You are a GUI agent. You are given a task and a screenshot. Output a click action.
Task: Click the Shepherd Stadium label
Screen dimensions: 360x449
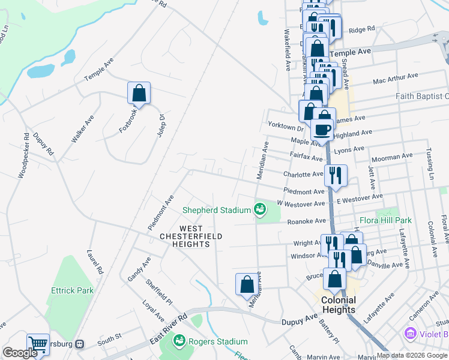pyautogui.click(x=216, y=210)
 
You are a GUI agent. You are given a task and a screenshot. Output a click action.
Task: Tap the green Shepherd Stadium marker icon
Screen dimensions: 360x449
pyautogui.click(x=260, y=209)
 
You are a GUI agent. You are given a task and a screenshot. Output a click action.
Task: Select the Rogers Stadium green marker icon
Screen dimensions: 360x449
pyautogui.click(x=179, y=341)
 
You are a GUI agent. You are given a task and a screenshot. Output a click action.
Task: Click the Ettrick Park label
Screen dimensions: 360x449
pyautogui.click(x=73, y=290)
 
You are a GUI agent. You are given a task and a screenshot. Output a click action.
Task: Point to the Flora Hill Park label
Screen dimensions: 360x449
pyautogui.click(x=385, y=221)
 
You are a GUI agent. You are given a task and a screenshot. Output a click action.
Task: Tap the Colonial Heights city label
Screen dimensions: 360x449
pyautogui.click(x=338, y=305)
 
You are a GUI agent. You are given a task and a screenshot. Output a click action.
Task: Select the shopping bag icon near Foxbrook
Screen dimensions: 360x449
pyautogui.click(x=139, y=93)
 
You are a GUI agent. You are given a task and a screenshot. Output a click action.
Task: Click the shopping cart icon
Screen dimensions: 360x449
pyautogui.click(x=38, y=344)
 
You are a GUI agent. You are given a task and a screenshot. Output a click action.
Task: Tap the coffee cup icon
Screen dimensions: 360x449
pyautogui.click(x=322, y=129)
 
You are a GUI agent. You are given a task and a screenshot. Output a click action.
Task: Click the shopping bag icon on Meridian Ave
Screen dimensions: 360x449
pyautogui.click(x=247, y=284)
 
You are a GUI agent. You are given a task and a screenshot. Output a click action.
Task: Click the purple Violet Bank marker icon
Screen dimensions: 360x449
pyautogui.click(x=411, y=332)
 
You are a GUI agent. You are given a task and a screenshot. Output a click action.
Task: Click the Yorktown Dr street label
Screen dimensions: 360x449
pyautogui.click(x=286, y=128)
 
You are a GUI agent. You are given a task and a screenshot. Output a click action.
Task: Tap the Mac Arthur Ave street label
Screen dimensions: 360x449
pyautogui.click(x=395, y=77)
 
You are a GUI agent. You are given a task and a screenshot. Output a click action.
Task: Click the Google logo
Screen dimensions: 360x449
pyautogui.click(x=20, y=353)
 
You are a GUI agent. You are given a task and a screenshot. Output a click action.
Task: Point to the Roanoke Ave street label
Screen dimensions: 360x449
pyautogui.click(x=306, y=221)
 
